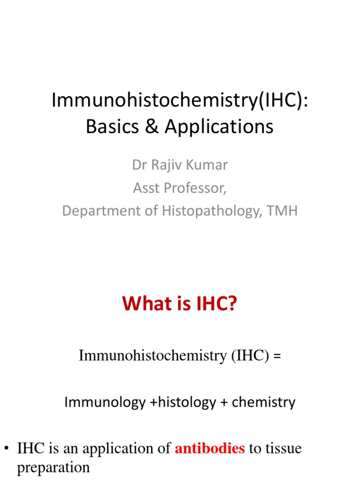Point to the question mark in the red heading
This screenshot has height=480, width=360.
click(x=232, y=305)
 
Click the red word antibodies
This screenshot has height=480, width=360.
click(x=210, y=449)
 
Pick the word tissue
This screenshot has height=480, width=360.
click(x=283, y=449)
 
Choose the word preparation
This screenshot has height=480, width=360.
click(x=53, y=468)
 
